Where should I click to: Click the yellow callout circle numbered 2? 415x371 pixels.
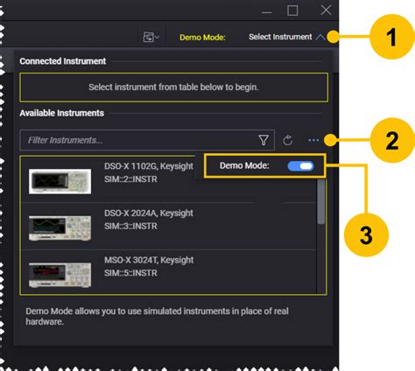[x=382, y=140]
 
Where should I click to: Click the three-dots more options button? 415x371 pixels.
[x=313, y=140]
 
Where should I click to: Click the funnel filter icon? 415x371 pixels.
[x=264, y=140]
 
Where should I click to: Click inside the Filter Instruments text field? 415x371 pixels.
[x=131, y=140]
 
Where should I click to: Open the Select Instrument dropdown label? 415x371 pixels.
[x=279, y=38]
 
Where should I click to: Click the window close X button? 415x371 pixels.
[x=326, y=10]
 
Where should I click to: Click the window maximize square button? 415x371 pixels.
[x=293, y=10]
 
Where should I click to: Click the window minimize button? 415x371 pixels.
[x=261, y=10]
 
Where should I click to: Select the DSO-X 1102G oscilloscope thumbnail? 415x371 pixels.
[x=59, y=180]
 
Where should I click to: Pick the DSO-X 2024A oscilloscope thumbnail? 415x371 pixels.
[x=59, y=228]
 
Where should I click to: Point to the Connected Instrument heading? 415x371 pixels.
[x=63, y=61]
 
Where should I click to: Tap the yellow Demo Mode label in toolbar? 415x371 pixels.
[x=202, y=38]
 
